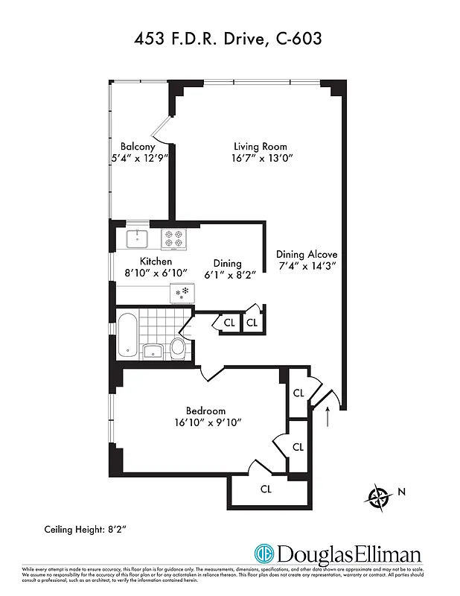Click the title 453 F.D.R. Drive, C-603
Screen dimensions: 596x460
coord(229,38)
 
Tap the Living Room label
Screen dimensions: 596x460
coord(260,147)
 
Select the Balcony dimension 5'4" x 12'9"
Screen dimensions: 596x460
coord(138,159)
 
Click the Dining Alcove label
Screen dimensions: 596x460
coord(307,255)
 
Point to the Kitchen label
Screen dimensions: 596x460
coord(156,261)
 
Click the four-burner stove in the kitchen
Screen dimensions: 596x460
coord(173,238)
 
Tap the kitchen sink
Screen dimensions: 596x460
coord(138,239)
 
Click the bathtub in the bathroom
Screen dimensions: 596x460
coord(129,335)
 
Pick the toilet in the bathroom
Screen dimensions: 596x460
coord(177,346)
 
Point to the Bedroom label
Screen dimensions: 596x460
coord(205,410)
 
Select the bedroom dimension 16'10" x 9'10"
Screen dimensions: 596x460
coord(205,422)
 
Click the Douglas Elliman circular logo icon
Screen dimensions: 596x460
coord(263,555)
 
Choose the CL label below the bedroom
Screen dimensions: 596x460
coord(266,489)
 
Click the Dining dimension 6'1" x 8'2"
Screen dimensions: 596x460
coord(227,275)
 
